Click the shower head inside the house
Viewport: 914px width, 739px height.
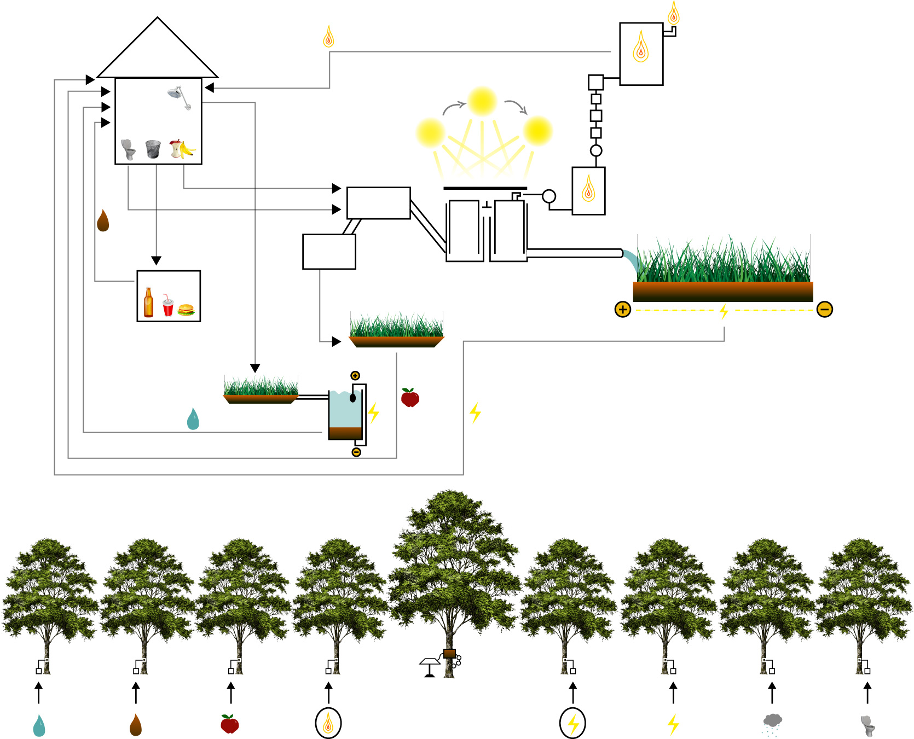tap(178, 95)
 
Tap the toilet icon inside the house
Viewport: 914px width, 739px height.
tap(128, 149)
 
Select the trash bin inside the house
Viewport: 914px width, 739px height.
tap(153, 149)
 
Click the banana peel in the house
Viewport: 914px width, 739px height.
tap(186, 149)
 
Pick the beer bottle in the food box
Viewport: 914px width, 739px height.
tap(148, 302)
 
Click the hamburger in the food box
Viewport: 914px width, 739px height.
tap(186, 310)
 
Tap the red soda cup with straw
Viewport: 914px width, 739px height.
tap(167, 307)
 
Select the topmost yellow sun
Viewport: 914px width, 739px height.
tap(482, 101)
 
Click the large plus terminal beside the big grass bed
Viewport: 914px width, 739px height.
tap(622, 310)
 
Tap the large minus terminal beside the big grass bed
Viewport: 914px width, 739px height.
tap(825, 310)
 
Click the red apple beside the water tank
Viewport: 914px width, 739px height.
tap(410, 398)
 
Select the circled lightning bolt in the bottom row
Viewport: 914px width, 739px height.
tap(572, 723)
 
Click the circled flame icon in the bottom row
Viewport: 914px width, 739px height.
tap(328, 723)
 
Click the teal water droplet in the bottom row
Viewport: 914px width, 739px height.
tap(39, 726)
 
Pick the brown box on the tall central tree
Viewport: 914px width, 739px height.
tap(449, 653)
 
